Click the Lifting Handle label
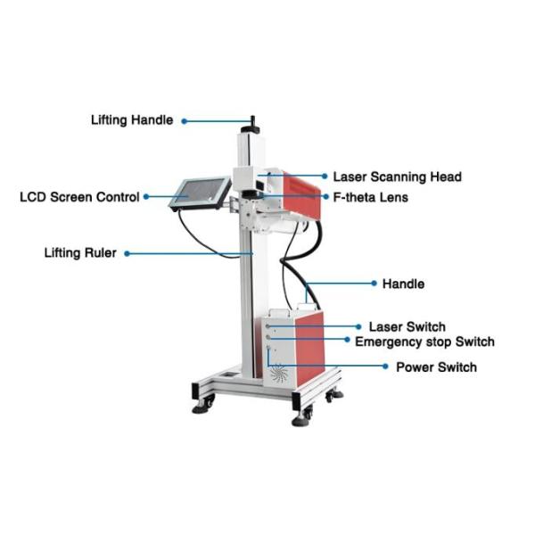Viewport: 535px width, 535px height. pyautogui.click(x=133, y=119)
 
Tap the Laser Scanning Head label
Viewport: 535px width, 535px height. pyautogui.click(x=397, y=177)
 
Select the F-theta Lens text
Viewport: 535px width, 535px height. pyautogui.click(x=370, y=197)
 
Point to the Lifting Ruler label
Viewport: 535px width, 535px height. pyautogui.click(x=80, y=253)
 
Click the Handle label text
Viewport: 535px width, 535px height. pyautogui.click(x=403, y=284)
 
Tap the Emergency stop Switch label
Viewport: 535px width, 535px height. pyautogui.click(x=424, y=342)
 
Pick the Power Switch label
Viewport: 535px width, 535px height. pyautogui.click(x=436, y=367)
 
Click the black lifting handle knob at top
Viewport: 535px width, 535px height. pyautogui.click(x=252, y=120)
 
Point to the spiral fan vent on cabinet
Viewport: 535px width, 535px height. pyautogui.click(x=280, y=374)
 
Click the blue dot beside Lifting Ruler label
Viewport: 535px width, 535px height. pyautogui.click(x=127, y=254)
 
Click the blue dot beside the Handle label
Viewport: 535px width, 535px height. pyautogui.click(x=373, y=284)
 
